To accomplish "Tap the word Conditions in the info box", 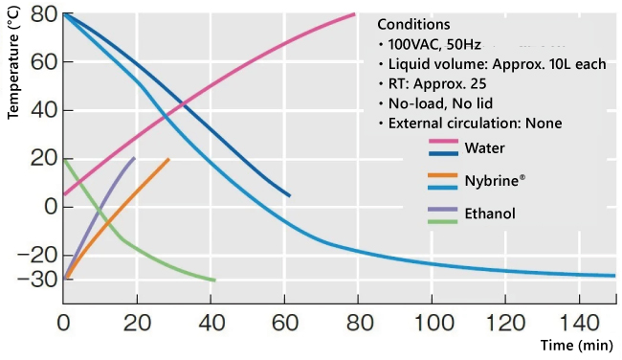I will tap(413, 24).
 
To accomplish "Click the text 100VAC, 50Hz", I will tap(433, 45).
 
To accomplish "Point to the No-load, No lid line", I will tap(438, 103).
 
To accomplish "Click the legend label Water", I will tap(484, 148).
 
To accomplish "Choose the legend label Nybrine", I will tap(494, 180).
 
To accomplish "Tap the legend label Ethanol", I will tap(490, 214).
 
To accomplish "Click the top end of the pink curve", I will tap(355, 14).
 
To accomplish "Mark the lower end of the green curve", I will tap(214, 280).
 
